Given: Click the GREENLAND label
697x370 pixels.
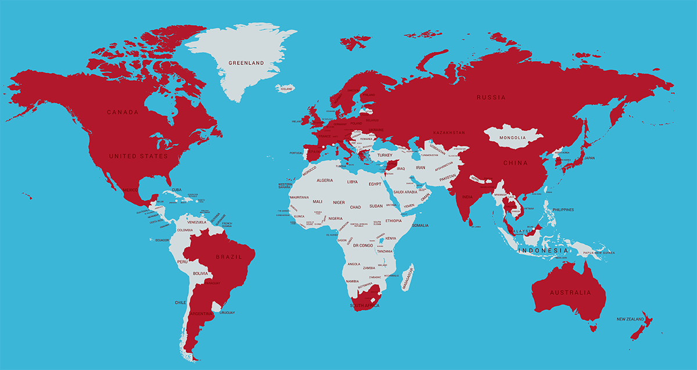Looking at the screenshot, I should [246, 63].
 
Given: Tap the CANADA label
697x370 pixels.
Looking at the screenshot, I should [123, 112].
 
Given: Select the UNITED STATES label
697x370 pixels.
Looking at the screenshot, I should [138, 156].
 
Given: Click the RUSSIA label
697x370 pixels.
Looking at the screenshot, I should [491, 98].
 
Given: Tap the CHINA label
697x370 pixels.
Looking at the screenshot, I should [515, 163].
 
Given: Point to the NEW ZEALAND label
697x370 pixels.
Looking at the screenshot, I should [631, 319].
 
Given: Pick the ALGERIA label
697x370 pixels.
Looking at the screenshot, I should [325, 181].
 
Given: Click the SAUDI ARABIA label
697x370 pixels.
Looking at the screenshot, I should [405, 192].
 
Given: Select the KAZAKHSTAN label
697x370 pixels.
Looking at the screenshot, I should [449, 133].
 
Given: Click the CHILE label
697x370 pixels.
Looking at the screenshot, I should [180, 303].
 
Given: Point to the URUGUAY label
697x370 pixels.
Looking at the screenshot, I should [227, 313].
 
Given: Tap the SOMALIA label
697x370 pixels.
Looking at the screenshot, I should [420, 225].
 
